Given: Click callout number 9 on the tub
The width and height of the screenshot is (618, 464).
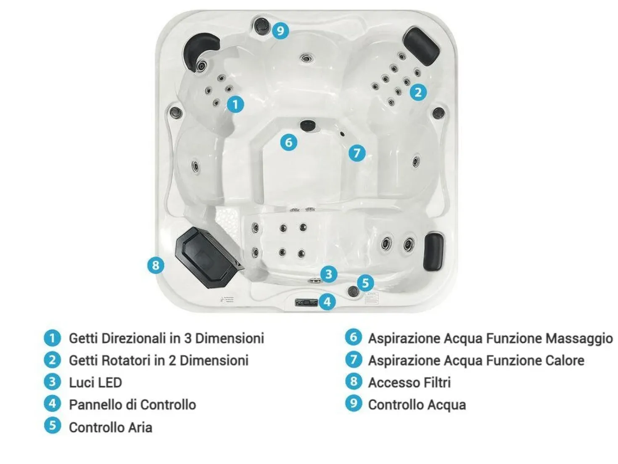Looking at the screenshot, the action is (280, 30).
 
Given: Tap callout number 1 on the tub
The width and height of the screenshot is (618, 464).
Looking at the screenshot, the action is (235, 104).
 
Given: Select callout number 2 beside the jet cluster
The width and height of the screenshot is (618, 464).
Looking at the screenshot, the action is (418, 92).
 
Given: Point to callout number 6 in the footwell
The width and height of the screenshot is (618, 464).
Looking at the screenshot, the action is (288, 142).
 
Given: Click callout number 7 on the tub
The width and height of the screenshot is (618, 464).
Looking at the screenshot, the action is (357, 153).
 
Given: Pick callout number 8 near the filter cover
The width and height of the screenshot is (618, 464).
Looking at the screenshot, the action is (156, 265).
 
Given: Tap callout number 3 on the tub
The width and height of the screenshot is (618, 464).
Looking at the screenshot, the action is (329, 274).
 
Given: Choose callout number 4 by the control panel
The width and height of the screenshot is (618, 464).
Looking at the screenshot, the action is (327, 302).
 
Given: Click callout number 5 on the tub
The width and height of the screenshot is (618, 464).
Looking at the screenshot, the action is (365, 283).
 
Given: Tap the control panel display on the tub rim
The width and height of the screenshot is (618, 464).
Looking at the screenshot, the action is (306, 303).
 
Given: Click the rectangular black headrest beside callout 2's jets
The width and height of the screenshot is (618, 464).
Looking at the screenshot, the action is (422, 46).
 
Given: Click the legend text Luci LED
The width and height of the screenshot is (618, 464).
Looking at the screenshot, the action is (95, 382).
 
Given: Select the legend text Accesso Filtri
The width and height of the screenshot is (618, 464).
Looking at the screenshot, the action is (409, 382).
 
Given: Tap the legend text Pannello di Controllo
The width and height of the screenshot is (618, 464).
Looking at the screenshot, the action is (132, 405).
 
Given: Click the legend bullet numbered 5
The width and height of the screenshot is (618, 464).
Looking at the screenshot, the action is (53, 425).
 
